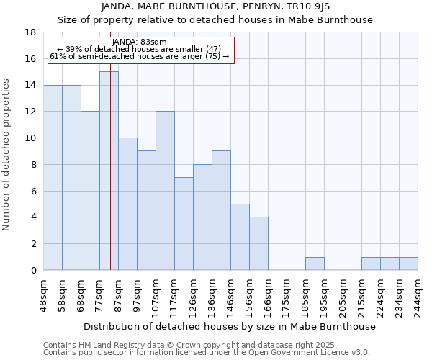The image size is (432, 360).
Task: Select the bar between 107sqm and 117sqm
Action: [165, 191]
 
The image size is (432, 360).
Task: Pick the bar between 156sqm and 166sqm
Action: [258, 243]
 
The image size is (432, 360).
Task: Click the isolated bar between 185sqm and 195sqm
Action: [315, 264]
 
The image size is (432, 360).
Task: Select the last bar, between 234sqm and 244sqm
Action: [408, 264]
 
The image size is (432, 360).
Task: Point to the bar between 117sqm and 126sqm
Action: [184, 223]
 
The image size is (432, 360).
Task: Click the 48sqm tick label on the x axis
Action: [44, 295]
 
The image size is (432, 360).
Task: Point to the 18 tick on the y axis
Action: [30, 32]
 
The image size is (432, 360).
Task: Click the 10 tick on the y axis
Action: [30, 138]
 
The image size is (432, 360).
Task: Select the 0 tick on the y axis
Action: [33, 271]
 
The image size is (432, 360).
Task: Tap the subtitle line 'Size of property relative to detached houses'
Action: [215, 20]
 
